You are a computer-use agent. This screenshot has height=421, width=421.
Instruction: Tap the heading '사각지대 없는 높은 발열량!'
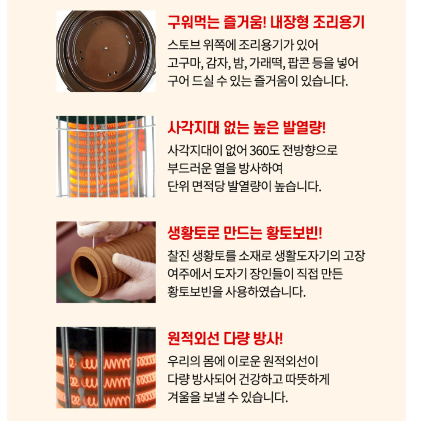click(247, 128)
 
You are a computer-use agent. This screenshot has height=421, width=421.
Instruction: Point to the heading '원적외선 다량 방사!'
click(225, 338)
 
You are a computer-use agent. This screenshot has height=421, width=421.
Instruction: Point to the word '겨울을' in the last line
click(182, 397)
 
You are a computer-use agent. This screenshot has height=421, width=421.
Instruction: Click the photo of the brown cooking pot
click(106, 51)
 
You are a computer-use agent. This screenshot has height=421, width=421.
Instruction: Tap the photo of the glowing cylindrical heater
click(106, 156)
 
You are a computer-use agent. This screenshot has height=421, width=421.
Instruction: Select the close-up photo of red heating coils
click(106, 367)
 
